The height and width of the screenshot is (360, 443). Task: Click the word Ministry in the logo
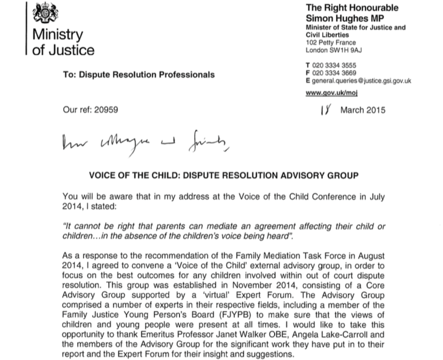(57, 35)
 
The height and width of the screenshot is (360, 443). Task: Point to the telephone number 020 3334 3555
(341, 66)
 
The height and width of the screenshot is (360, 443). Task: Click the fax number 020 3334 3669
(341, 73)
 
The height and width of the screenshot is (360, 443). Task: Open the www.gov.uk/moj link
(332, 93)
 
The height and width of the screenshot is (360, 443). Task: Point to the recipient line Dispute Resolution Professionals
(146, 75)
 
